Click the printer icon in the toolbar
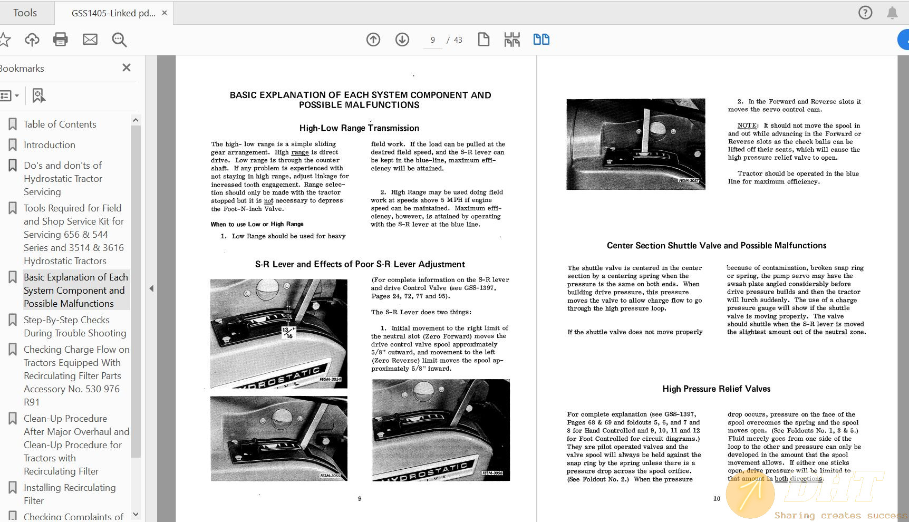click(60, 40)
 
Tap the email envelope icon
click(90, 40)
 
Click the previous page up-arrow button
click(373, 40)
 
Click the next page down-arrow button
click(402, 40)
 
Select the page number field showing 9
click(433, 40)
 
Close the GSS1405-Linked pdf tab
click(165, 13)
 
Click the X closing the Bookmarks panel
click(127, 67)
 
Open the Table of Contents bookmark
click(60, 124)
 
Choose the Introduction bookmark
click(49, 145)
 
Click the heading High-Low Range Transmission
click(359, 128)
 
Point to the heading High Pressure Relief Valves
click(716, 389)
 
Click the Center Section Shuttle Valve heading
click(716, 246)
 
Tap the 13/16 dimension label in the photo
click(288, 332)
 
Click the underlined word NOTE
click(747, 125)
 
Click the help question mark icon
click(865, 13)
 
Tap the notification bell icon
click(892, 13)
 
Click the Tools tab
click(25, 13)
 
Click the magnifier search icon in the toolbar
click(119, 40)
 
